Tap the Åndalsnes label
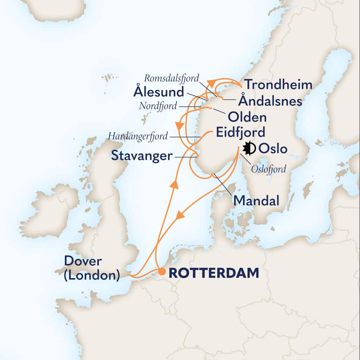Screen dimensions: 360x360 click(270, 101)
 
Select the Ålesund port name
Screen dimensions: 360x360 click(159, 92)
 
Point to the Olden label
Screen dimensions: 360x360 click(247, 117)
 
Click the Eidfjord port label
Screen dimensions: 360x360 click(239, 134)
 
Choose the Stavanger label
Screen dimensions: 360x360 click(142, 156)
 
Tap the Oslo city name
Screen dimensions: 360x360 click(273, 149)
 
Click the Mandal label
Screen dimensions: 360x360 click(256, 201)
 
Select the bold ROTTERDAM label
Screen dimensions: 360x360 click(214, 273)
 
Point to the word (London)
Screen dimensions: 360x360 click(91, 275)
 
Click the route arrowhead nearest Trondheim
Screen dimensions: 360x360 click(211, 82)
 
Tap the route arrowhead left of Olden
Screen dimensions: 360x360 click(179, 124)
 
